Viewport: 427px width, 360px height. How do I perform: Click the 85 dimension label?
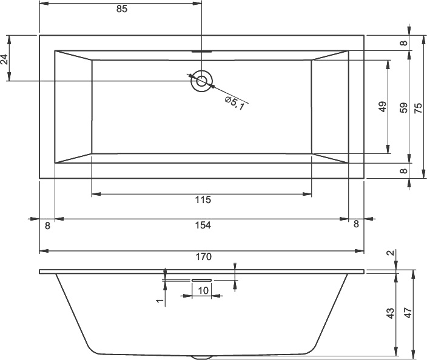pyautogui.click(x=120, y=10)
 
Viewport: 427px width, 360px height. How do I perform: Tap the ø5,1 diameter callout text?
pyautogui.click(x=234, y=103)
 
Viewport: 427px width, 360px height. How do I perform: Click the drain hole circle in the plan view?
pyautogui.click(x=201, y=81)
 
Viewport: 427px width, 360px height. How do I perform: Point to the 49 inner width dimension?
pyautogui.click(x=382, y=107)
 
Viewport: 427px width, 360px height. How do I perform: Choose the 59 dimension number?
pyautogui.click(x=403, y=107)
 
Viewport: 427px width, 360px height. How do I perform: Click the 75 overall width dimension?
pyautogui.click(x=418, y=107)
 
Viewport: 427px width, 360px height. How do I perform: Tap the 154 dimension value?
pyautogui.click(x=202, y=225)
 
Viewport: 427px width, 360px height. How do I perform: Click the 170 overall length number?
pyautogui.click(x=203, y=256)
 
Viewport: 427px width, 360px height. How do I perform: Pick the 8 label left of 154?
pyautogui.click(x=47, y=225)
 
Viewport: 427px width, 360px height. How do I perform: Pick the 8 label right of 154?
pyautogui.click(x=356, y=224)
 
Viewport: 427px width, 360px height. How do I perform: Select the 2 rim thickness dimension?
pyautogui.click(x=391, y=253)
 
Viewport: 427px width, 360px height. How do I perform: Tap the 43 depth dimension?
pyautogui.click(x=391, y=313)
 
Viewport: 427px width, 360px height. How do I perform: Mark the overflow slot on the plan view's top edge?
pyautogui.click(x=201, y=51)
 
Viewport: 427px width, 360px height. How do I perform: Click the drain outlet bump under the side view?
pyautogui.click(x=202, y=356)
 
